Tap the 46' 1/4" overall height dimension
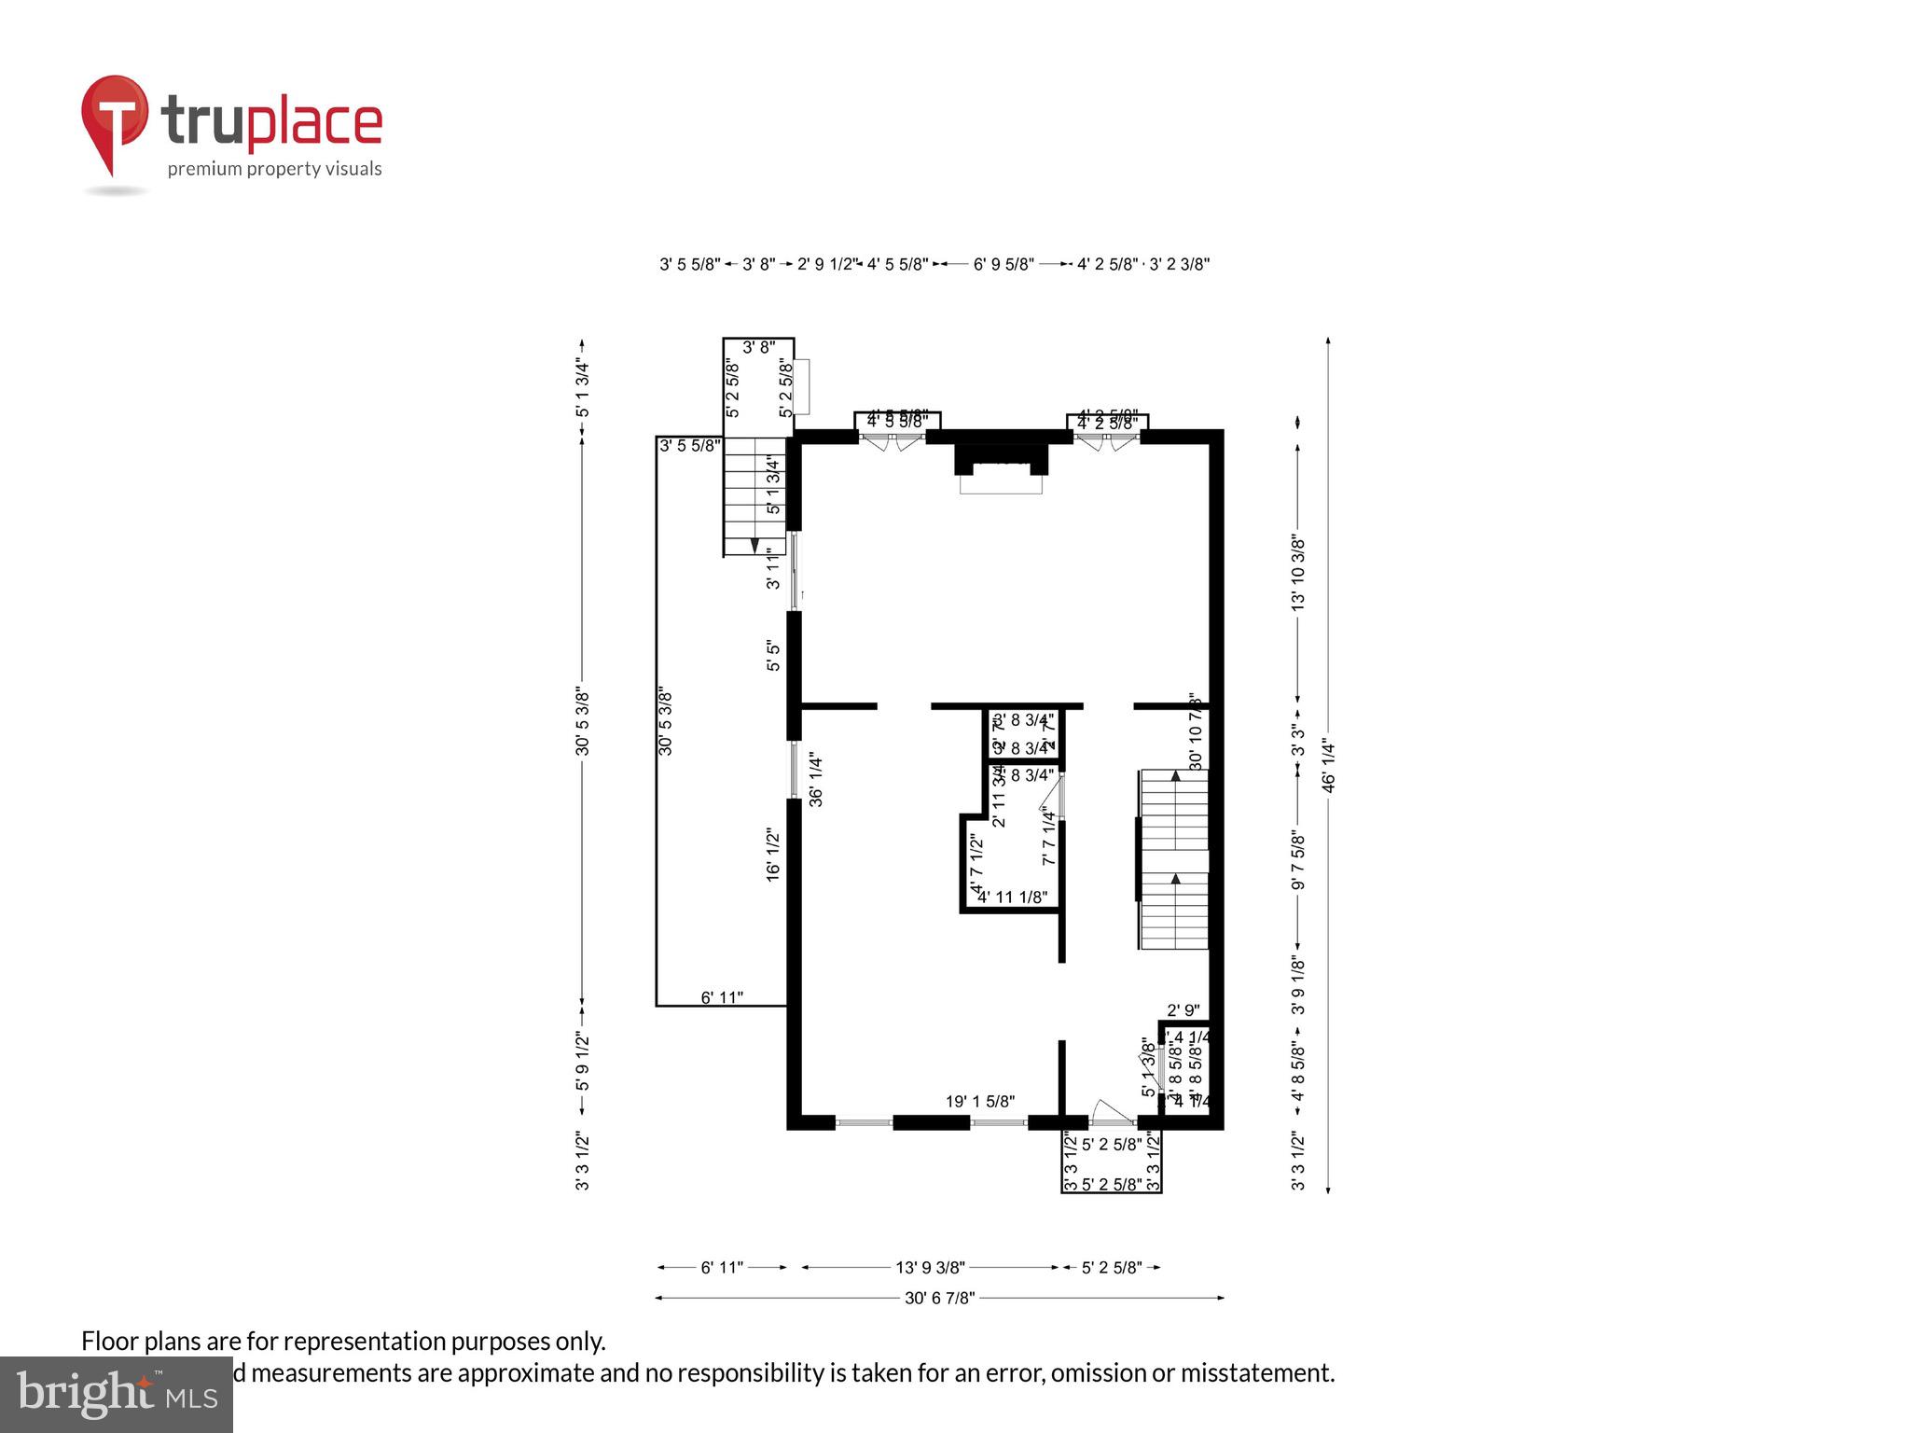click(x=1328, y=766)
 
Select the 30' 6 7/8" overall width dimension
click(x=939, y=1298)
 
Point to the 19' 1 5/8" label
click(x=979, y=1102)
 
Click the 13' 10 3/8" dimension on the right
click(x=1297, y=573)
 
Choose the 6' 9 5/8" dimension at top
click(x=1003, y=265)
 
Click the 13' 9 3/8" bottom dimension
click(x=930, y=1268)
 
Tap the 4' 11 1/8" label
click(x=1012, y=897)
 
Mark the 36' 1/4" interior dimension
click(x=816, y=780)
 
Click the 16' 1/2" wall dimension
click(x=773, y=855)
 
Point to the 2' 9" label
click(x=1183, y=1010)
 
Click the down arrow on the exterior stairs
click(x=754, y=545)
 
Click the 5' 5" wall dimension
click(x=773, y=655)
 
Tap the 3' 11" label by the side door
click(x=773, y=568)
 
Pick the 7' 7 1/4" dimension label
click(x=1049, y=837)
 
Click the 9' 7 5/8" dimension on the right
click(x=1297, y=859)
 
